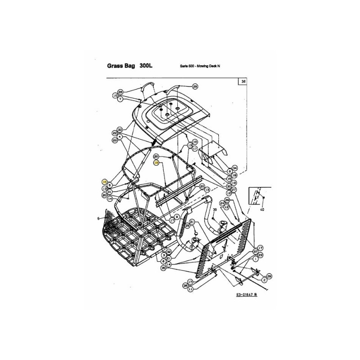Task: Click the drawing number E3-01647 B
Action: click(x=249, y=295)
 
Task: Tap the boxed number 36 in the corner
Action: click(x=243, y=82)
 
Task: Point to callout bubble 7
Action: click(x=120, y=99)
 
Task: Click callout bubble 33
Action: click(x=120, y=129)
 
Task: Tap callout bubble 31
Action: click(x=109, y=192)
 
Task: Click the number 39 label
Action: click(x=215, y=210)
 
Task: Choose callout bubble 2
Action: click(x=265, y=280)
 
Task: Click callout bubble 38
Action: click(x=185, y=285)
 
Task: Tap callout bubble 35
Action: click(x=163, y=268)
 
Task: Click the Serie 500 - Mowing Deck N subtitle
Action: click(x=200, y=66)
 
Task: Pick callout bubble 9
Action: click(x=177, y=216)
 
